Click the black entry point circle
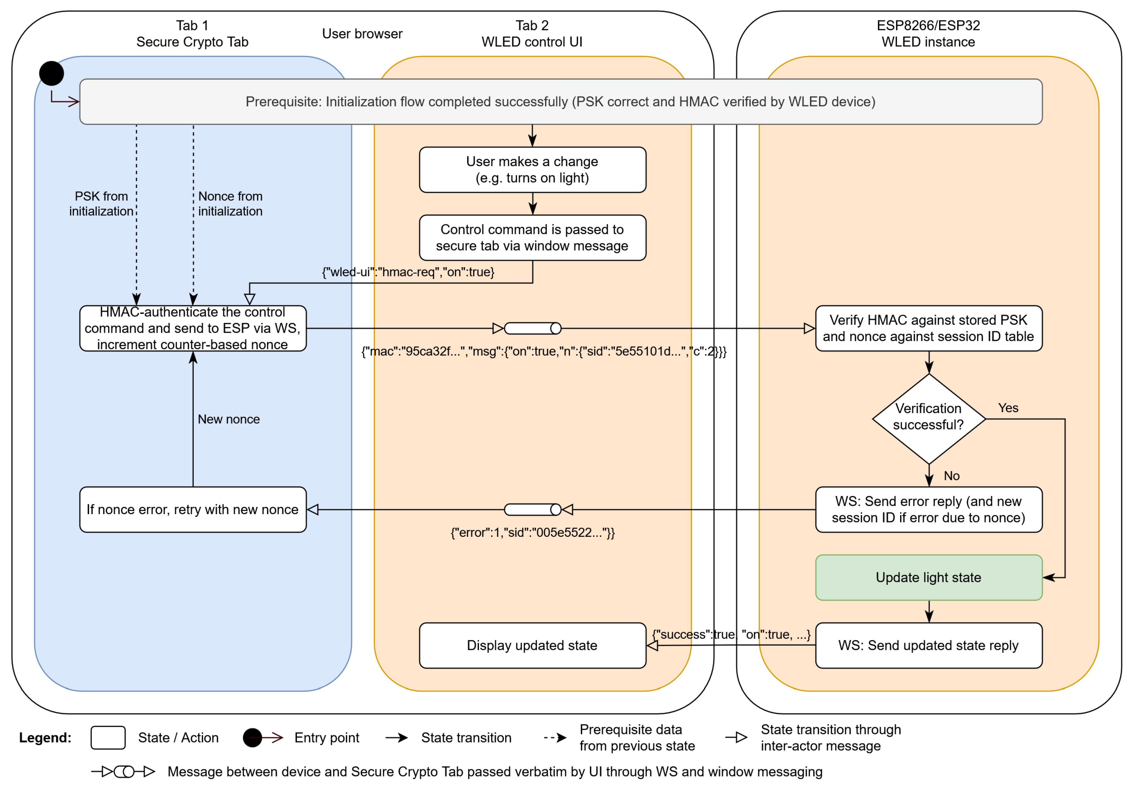point(52,73)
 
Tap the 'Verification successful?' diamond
point(928,419)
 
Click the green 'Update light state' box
point(928,577)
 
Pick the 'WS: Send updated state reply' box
point(928,645)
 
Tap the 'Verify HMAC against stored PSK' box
point(928,328)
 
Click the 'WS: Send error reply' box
point(928,509)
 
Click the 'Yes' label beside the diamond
point(1008,408)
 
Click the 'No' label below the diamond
point(951,476)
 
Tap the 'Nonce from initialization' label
point(230,204)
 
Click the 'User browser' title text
point(362,34)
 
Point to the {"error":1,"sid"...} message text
point(533,533)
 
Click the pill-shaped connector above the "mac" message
point(533,328)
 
